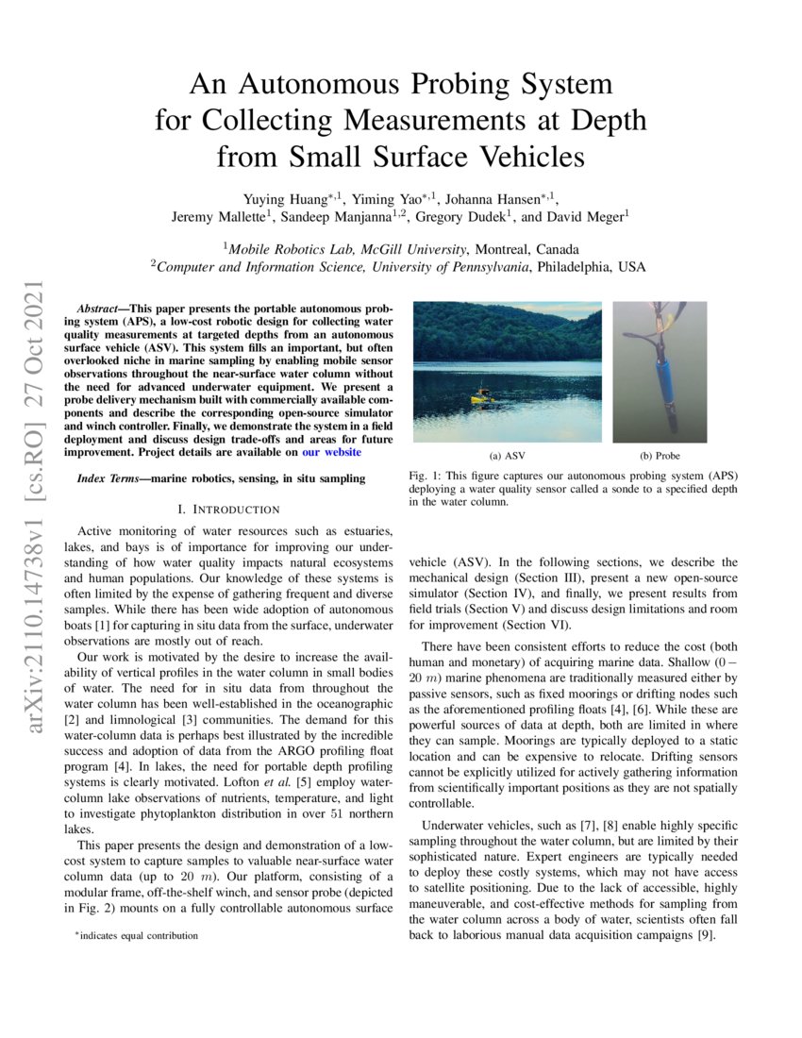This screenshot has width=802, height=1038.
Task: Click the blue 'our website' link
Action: [330, 452]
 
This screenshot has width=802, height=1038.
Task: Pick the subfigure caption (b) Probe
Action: [660, 456]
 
